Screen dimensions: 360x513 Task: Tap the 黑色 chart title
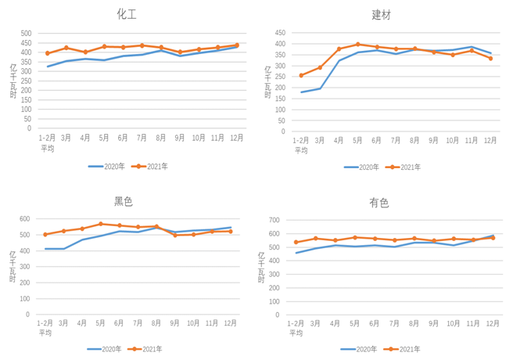pyautogui.click(x=124, y=201)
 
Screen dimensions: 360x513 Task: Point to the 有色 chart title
pyautogui.click(x=379, y=203)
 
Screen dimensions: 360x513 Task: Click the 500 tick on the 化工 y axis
pyautogui.click(x=26, y=34)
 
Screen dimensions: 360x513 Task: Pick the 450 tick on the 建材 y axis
pyautogui.click(x=280, y=34)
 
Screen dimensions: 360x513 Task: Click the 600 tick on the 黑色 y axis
pyautogui.click(x=26, y=219)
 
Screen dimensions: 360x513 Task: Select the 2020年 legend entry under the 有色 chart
pyautogui.click(x=359, y=349)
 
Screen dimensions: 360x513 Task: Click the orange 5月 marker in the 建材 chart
pyautogui.click(x=358, y=45)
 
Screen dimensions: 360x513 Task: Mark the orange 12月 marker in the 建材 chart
pyautogui.click(x=491, y=59)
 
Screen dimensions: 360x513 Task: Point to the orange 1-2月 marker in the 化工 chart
pyautogui.click(x=48, y=53)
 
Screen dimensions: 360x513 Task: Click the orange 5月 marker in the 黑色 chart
pyautogui.click(x=101, y=224)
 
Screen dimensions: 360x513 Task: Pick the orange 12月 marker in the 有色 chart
pyautogui.click(x=492, y=238)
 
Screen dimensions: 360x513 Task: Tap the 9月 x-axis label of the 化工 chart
pyautogui.click(x=180, y=137)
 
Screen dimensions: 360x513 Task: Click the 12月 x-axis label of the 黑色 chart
pyautogui.click(x=231, y=323)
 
